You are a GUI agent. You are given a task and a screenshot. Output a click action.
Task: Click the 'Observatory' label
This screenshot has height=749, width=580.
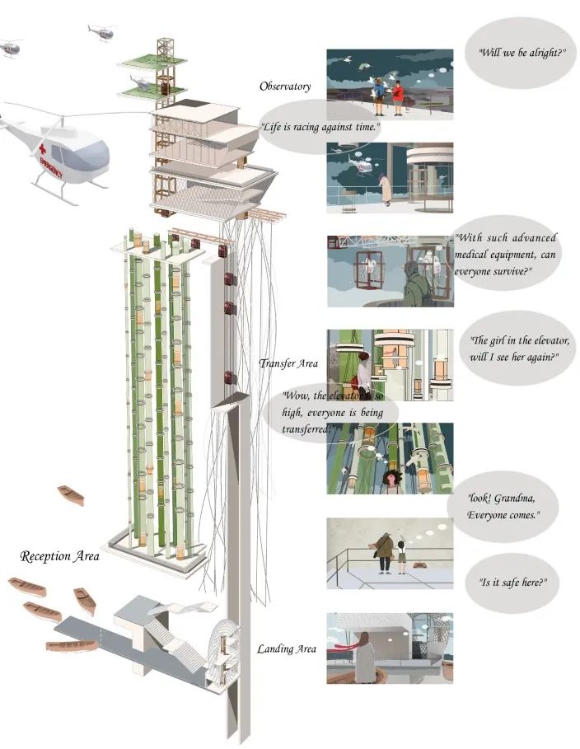pyautogui.click(x=284, y=87)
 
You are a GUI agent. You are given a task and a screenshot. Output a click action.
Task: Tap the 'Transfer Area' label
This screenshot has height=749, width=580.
pyautogui.click(x=288, y=363)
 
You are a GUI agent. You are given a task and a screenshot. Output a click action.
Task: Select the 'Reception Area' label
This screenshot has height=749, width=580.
pyautogui.click(x=59, y=557)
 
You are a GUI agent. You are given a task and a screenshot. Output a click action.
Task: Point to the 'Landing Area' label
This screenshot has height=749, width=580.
pyautogui.click(x=287, y=649)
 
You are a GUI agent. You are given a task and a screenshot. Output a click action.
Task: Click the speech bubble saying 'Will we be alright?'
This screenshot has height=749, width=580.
pyautogui.click(x=522, y=52)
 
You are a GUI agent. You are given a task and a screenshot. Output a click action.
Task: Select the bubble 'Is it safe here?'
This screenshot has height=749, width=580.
pyautogui.click(x=513, y=582)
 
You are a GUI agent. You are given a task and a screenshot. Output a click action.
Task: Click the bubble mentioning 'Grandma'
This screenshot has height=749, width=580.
pyautogui.click(x=503, y=507)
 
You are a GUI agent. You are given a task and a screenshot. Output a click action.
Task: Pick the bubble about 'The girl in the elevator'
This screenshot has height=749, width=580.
pyautogui.click(x=519, y=349)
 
